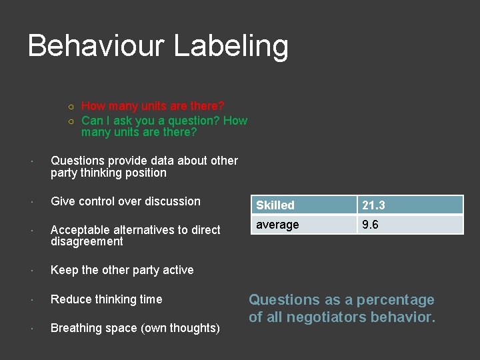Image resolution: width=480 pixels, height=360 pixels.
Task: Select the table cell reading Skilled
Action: point(303,205)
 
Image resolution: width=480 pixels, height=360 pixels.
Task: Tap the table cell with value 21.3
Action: point(410,205)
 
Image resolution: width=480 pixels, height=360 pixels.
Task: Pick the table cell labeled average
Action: point(303,225)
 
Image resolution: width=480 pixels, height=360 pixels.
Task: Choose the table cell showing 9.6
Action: point(410,225)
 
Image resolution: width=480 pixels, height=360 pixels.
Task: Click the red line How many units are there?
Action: point(153,106)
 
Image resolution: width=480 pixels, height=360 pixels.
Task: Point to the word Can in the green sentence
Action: point(91,121)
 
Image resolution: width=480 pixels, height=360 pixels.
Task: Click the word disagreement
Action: point(87,241)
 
